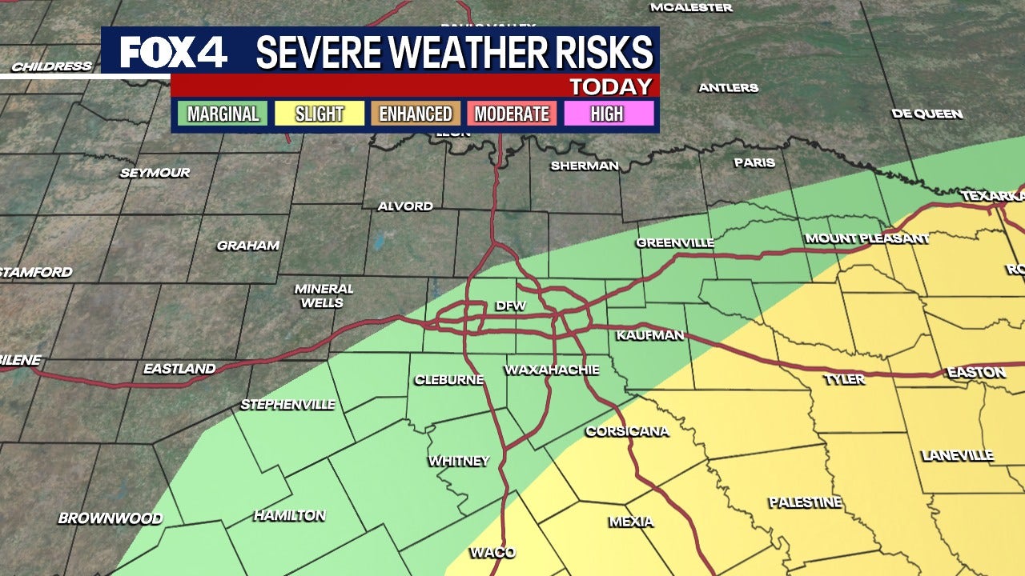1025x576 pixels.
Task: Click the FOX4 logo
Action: click(174, 53)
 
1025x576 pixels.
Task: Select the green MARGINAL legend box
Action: click(223, 114)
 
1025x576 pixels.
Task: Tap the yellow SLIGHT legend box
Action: click(320, 114)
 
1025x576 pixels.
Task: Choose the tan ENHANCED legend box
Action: click(416, 114)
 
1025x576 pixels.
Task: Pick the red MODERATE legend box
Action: click(512, 114)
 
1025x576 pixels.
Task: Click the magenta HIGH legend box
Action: click(607, 114)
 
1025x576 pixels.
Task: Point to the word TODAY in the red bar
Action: click(610, 86)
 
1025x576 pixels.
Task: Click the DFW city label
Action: click(510, 306)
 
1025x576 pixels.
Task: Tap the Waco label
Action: click(492, 552)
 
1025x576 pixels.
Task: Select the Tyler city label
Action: click(844, 378)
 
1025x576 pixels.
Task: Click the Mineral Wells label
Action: click(324, 295)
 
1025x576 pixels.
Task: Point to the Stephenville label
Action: click(287, 405)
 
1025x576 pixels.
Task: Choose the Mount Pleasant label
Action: click(866, 238)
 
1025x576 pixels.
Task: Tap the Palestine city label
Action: click(805, 502)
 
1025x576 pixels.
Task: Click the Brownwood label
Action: click(111, 518)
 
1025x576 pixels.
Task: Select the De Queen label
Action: click(927, 114)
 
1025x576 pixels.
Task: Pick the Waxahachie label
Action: click(552, 370)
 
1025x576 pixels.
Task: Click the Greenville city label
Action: click(675, 242)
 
